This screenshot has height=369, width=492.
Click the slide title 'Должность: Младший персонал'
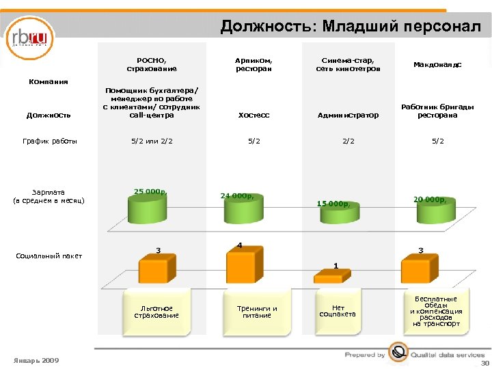pos(350,27)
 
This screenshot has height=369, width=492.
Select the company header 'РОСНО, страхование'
pos(152,64)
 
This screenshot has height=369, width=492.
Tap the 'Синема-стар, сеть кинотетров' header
pos(347,64)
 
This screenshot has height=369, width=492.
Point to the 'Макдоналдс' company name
pos(437,65)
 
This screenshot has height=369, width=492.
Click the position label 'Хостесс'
pos(254,115)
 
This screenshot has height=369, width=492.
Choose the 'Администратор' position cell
pos(348,115)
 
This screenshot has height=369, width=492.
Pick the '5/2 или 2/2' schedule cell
pos(152,141)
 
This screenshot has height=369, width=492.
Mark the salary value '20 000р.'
pos(430,200)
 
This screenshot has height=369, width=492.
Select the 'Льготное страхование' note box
pos(156,312)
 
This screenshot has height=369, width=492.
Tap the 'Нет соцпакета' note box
pos(338,312)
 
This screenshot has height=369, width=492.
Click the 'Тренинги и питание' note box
pos(257,312)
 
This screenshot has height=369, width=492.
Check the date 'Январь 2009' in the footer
pos(36,360)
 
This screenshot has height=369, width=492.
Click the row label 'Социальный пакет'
pos(49,256)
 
